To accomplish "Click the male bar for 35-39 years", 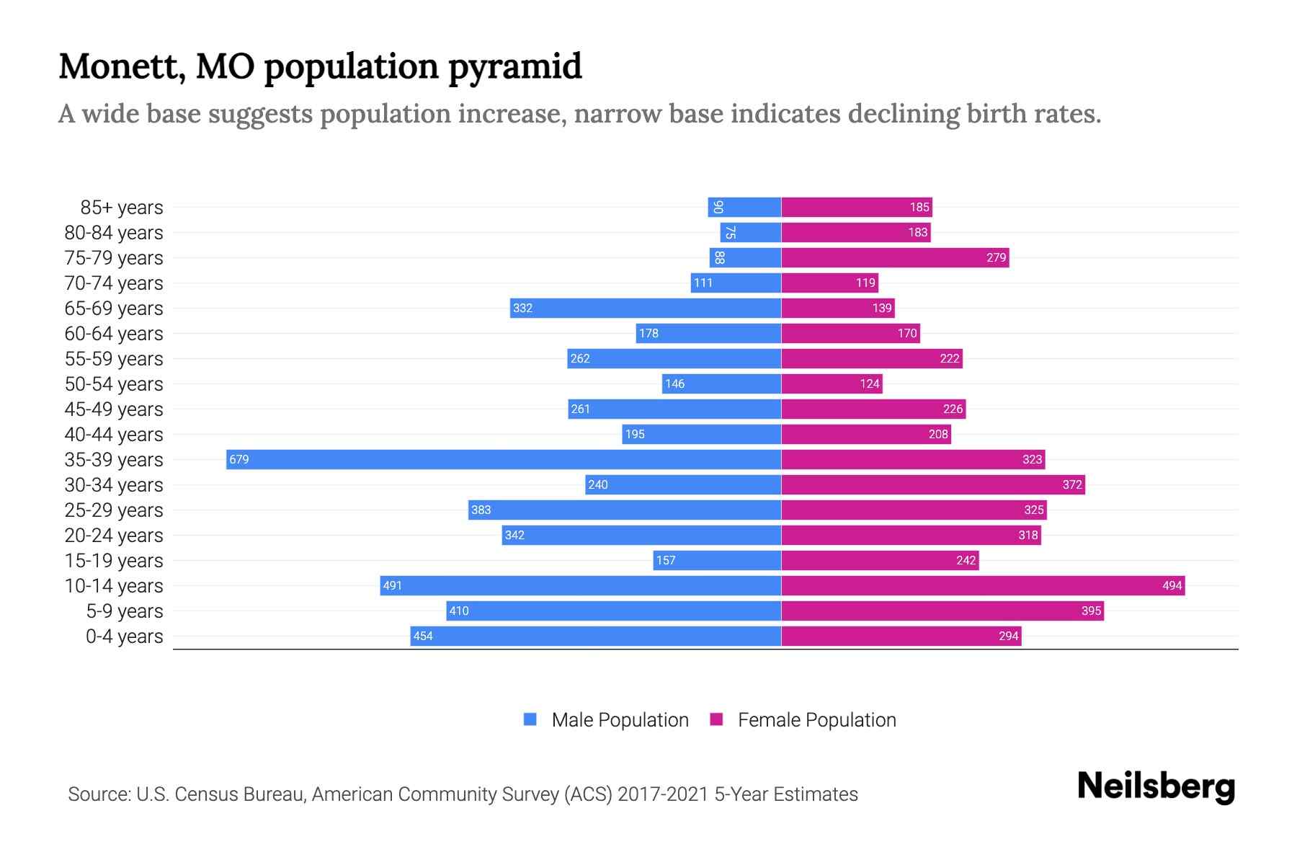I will tap(504, 459).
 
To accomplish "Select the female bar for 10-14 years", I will tap(983, 585).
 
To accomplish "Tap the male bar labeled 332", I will tap(646, 308).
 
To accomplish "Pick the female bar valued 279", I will tap(895, 257).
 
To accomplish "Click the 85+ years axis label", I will tap(122, 208).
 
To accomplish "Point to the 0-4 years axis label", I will tap(124, 636).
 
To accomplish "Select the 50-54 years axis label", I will tap(114, 384).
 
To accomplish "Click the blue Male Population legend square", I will tap(530, 719).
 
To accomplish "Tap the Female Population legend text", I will tap(816, 720).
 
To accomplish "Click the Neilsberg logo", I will tap(1156, 786).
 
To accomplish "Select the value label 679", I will tap(239, 459).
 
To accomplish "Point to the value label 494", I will tap(1172, 585).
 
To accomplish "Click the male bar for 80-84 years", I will tap(751, 232).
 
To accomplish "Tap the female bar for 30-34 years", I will tap(933, 484).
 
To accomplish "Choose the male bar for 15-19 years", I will tap(717, 560).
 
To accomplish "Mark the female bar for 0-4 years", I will tap(901, 636).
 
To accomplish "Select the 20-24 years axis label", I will tap(114, 536).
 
